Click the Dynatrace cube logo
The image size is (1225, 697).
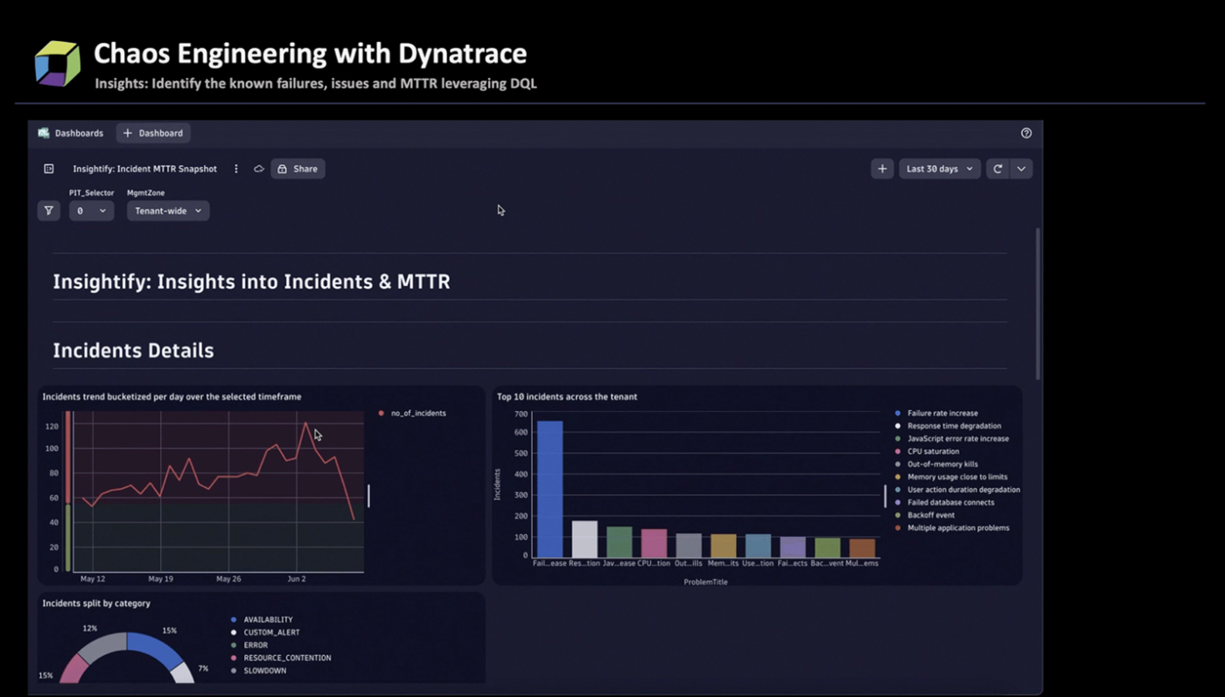pyautogui.click(x=57, y=63)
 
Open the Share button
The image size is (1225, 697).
pyautogui.click(x=297, y=169)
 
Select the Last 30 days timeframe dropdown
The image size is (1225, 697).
pyautogui.click(x=939, y=169)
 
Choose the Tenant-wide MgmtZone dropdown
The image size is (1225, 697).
pyautogui.click(x=168, y=211)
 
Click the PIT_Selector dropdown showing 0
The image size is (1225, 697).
pyautogui.click(x=91, y=211)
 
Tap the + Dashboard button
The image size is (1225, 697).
pyautogui.click(x=153, y=133)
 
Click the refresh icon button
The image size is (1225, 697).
pyautogui.click(x=997, y=169)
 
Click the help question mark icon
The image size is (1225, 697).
pyautogui.click(x=1026, y=133)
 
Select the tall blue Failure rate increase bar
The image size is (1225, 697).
pyautogui.click(x=549, y=489)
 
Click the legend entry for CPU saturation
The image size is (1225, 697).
pyautogui.click(x=933, y=451)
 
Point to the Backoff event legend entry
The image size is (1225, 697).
pyautogui.click(x=930, y=515)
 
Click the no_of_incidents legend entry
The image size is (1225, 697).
pyautogui.click(x=417, y=413)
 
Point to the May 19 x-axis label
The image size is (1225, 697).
pyautogui.click(x=160, y=579)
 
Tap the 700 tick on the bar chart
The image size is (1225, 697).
pyautogui.click(x=521, y=414)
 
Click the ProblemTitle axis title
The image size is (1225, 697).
pyautogui.click(x=705, y=582)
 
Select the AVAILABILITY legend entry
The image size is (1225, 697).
pyautogui.click(x=268, y=619)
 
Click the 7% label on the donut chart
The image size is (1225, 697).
pyautogui.click(x=203, y=668)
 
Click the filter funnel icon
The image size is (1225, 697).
pyautogui.click(x=48, y=211)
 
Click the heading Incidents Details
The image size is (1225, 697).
pyautogui.click(x=133, y=351)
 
